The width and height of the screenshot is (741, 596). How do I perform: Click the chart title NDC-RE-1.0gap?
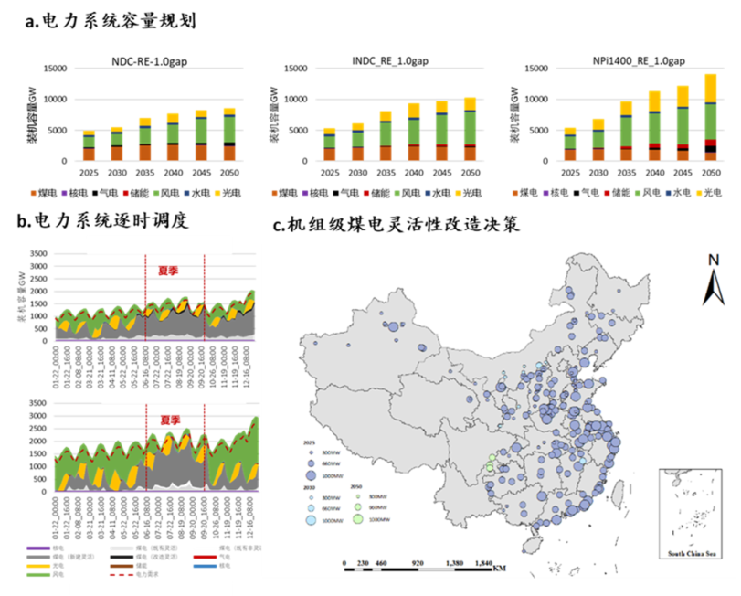[x=150, y=61]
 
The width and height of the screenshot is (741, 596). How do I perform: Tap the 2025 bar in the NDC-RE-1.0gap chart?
[x=89, y=146]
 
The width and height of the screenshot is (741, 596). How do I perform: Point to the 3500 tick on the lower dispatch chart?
[x=37, y=402]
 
